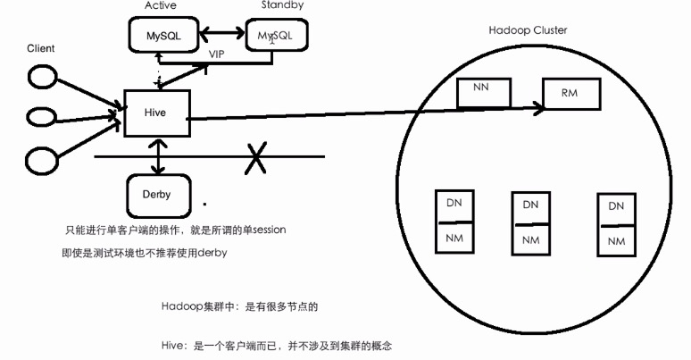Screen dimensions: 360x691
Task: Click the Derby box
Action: point(156,194)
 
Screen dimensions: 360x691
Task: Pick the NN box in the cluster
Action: point(480,90)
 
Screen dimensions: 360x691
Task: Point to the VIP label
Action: point(217,54)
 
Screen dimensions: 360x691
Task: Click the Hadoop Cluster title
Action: point(528,29)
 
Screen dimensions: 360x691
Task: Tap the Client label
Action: point(41,47)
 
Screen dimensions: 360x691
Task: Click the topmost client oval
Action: point(41,79)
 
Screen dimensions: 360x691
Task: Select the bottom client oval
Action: point(41,161)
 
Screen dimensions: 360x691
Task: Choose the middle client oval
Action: point(41,116)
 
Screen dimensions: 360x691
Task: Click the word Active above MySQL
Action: point(160,5)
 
